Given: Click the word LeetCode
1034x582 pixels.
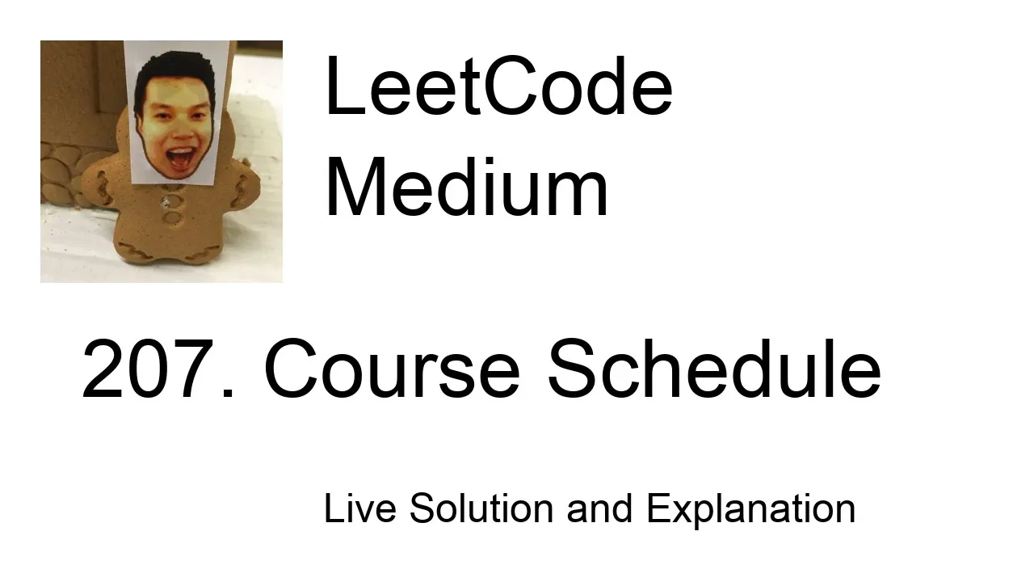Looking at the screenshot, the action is pyautogui.click(x=499, y=86).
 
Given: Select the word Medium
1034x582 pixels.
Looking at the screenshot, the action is pyautogui.click(x=466, y=186).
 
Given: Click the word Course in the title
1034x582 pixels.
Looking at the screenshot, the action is pyautogui.click(x=393, y=368).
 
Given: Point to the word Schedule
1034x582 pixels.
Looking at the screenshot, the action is pyautogui.click(x=715, y=368).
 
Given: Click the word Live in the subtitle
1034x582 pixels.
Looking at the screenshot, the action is pyautogui.click(x=360, y=508).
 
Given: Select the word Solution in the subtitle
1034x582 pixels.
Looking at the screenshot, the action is pyautogui.click(x=481, y=508).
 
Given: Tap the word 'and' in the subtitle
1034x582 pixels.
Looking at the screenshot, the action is pyautogui.click(x=599, y=508).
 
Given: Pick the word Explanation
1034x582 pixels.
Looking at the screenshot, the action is pyautogui.click(x=751, y=510).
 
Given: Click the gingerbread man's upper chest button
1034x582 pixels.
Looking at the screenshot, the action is pyautogui.click(x=170, y=201).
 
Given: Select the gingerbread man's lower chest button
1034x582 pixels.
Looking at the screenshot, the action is pyautogui.click(x=172, y=217).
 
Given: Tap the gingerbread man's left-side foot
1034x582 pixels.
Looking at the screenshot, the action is pyautogui.click(x=133, y=251).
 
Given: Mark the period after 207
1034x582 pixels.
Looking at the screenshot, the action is pyautogui.click(x=228, y=393).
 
